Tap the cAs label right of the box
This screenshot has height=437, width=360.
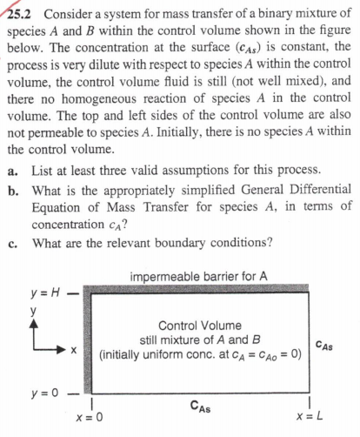coord(329,346)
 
